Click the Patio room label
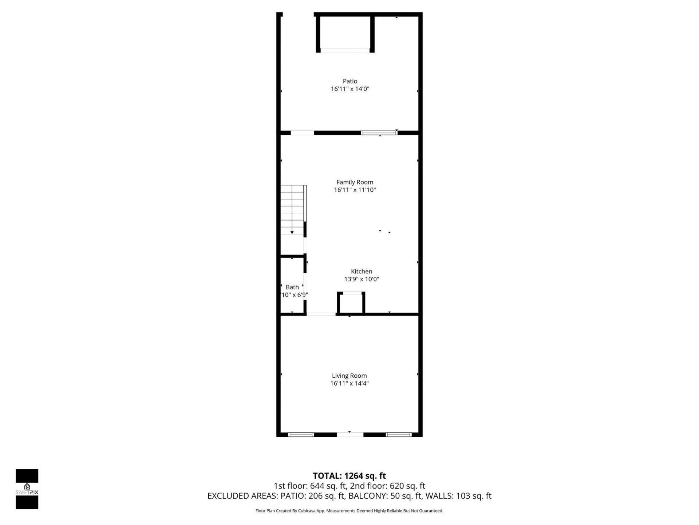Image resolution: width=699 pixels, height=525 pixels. coord(350,81)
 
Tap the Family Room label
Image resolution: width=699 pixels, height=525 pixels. coord(355,182)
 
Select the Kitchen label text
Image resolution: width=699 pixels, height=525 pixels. coord(362,271)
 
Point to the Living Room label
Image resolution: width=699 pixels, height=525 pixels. coord(349,376)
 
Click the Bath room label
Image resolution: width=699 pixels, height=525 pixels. coord(292,287)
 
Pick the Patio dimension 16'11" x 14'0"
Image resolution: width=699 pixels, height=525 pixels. coord(350,89)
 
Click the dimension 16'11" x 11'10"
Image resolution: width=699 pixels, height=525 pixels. coord(355,190)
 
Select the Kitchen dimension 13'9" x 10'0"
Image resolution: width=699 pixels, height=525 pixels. coord(362,279)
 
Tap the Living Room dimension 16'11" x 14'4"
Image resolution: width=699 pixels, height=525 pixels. coord(349,384)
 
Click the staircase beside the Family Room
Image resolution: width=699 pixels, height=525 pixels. coord(292,210)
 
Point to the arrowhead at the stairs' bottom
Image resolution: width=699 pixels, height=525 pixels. coord(292,232)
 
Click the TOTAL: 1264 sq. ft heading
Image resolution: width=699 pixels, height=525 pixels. coord(349,476)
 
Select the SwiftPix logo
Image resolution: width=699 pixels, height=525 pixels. coord(27,489)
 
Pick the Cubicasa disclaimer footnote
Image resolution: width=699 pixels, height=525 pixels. coord(349,511)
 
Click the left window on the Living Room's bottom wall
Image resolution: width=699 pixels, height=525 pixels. coord(301,435)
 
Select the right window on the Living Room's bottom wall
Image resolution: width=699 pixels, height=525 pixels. coord(399,435)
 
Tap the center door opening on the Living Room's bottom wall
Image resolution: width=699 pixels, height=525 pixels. coord(350,435)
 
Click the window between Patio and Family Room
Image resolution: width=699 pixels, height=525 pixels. coord(379,133)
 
